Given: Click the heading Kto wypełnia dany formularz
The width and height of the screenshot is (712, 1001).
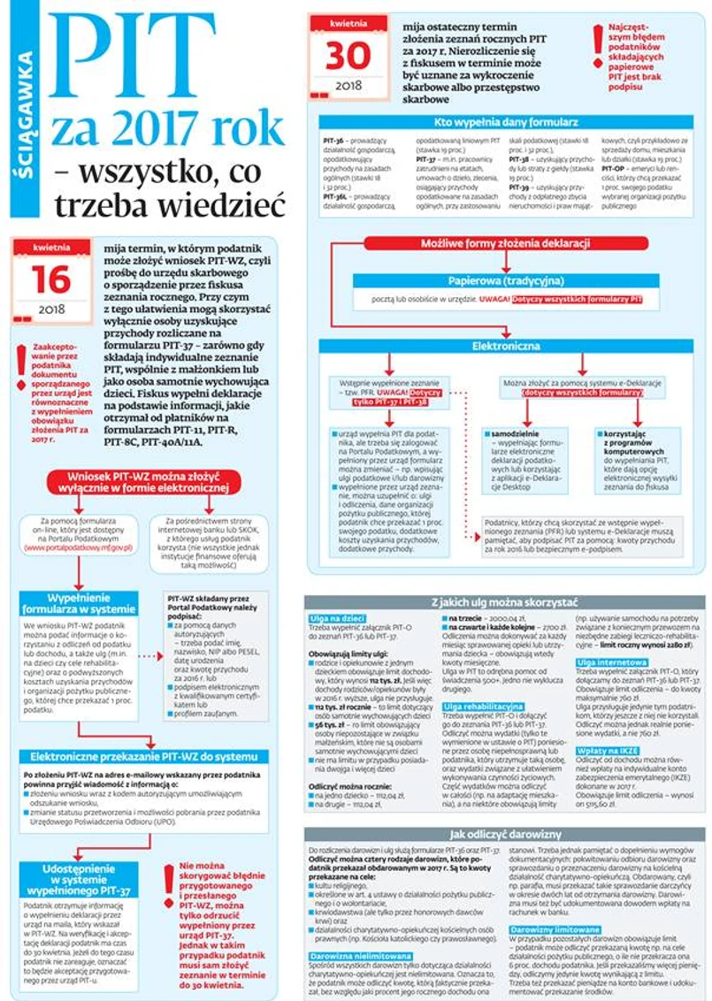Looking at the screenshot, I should click(507, 122).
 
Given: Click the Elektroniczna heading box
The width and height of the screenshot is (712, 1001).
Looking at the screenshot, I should click(505, 346).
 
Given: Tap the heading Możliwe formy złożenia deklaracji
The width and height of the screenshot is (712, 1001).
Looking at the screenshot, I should click(505, 243).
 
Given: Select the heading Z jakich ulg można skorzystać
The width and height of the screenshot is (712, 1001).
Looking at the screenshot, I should click(505, 602).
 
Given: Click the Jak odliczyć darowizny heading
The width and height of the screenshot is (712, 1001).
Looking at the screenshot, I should click(505, 834).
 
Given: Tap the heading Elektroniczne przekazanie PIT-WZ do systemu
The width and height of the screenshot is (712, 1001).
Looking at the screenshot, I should click(142, 758).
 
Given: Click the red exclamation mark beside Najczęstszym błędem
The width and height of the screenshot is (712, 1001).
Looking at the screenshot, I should click(599, 43).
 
